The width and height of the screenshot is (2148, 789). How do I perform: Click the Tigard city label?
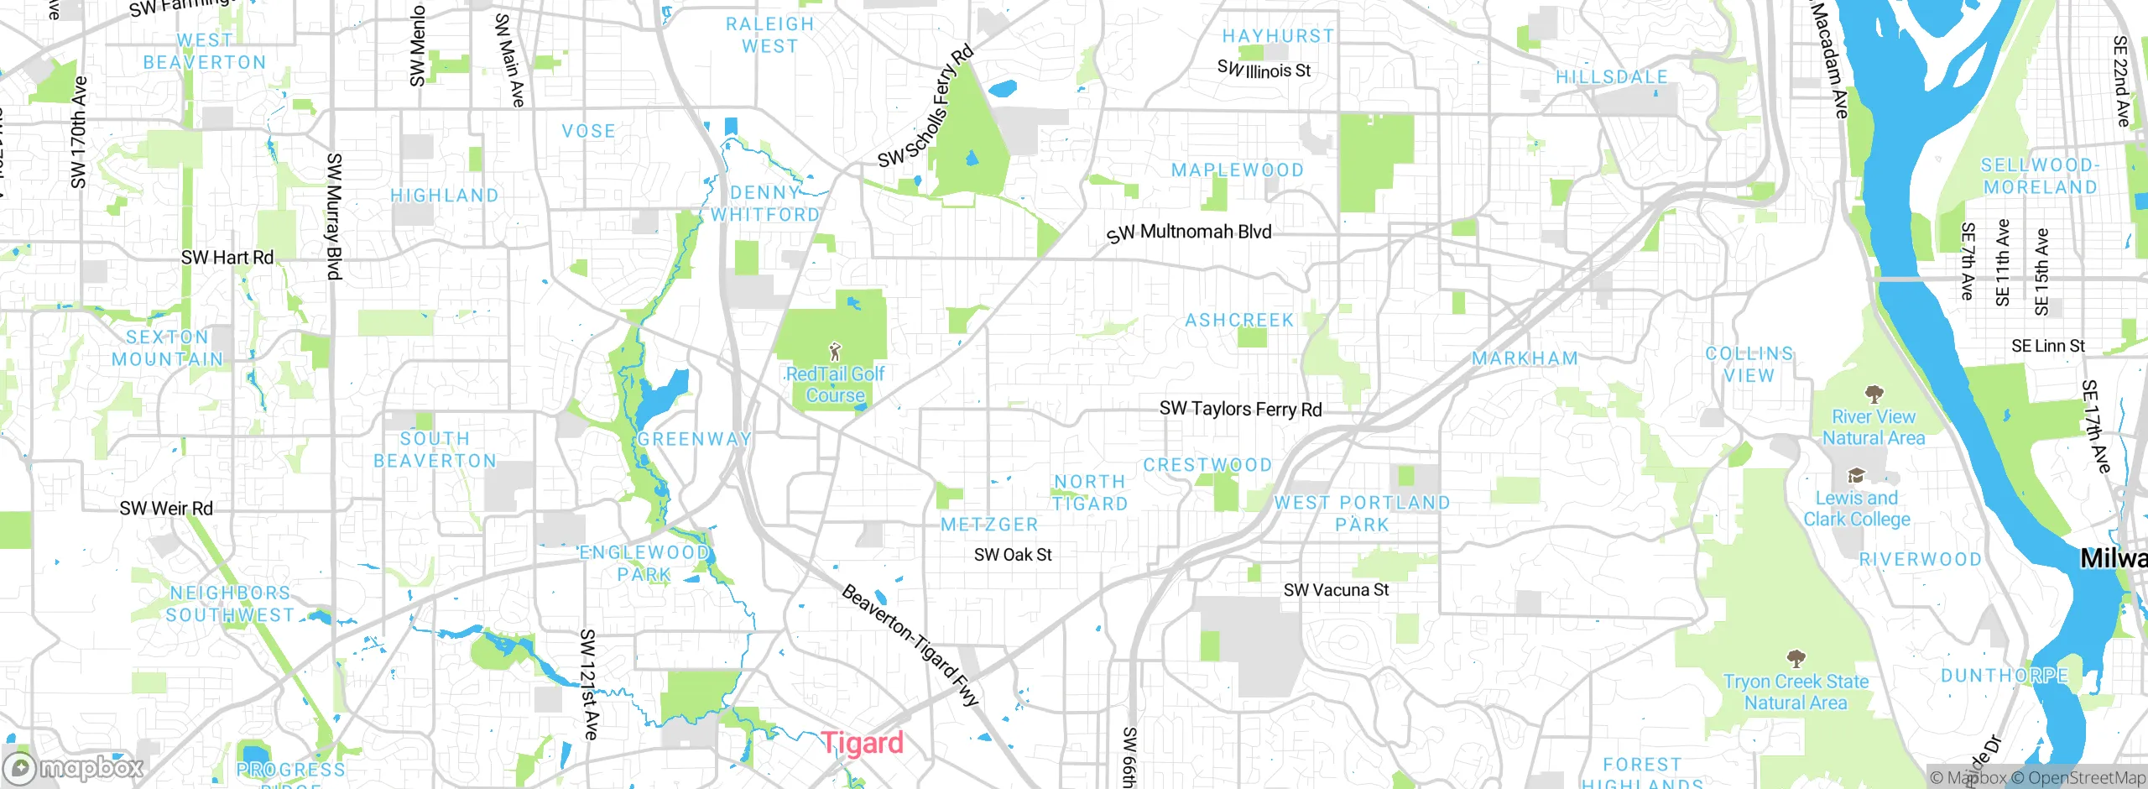862,743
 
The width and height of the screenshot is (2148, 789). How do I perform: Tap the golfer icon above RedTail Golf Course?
834,351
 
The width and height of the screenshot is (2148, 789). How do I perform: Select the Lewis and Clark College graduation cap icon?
1856,476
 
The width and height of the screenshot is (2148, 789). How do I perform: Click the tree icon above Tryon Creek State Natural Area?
1796,658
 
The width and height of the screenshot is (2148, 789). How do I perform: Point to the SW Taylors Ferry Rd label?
1240,410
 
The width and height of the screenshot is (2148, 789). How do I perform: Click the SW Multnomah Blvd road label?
1189,233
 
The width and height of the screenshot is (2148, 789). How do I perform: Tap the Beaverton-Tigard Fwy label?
910,645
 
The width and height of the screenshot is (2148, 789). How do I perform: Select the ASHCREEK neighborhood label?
1239,320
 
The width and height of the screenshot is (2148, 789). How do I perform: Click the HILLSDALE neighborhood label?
1611,77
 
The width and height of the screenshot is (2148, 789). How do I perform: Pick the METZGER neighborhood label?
989,525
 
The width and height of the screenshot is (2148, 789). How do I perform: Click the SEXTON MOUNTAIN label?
168,347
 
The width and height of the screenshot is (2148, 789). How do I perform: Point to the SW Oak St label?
1013,555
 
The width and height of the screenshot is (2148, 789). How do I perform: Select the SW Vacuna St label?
1336,590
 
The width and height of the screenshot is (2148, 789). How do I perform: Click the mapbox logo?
73,767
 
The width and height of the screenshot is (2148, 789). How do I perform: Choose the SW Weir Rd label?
166,509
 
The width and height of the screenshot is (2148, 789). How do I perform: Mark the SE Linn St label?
2047,346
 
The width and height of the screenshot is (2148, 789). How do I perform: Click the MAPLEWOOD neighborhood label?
1237,170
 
